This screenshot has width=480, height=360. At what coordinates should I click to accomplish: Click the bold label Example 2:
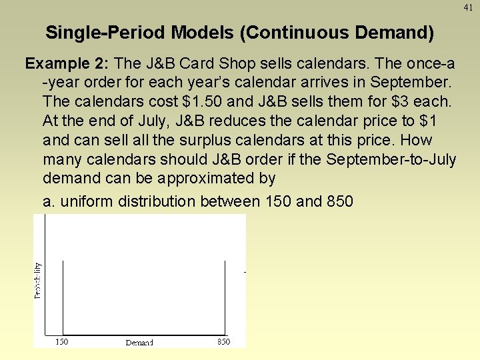pos(67,63)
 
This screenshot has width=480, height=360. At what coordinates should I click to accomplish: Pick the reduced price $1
pos(429,121)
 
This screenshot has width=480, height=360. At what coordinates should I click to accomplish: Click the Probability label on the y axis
pos(37,279)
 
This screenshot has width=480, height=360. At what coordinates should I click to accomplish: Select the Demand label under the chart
pos(139,343)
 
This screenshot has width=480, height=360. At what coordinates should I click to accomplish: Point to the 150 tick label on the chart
pos(61,341)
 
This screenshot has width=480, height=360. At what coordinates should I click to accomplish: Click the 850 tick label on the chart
pos(224,341)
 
